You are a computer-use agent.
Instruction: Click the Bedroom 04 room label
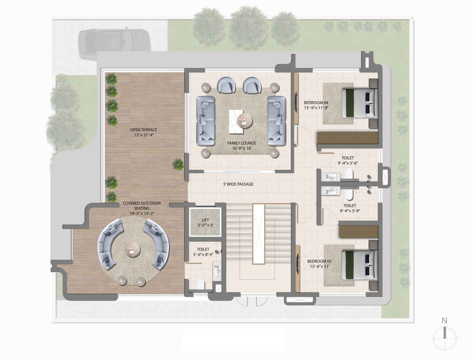tap(316, 103)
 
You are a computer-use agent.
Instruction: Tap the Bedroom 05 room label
tap(319, 261)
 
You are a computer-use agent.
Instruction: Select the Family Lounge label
tap(241, 143)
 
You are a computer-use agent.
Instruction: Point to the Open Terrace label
tap(144, 130)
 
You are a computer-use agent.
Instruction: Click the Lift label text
tap(206, 220)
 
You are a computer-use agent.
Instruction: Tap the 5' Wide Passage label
tap(238, 184)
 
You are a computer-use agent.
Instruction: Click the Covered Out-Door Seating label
tap(142, 206)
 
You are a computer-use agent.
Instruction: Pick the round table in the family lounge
tap(244, 121)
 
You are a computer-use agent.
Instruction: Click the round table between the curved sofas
tap(133, 250)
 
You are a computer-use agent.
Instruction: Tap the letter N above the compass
tap(444, 321)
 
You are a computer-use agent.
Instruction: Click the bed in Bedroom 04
tap(360, 103)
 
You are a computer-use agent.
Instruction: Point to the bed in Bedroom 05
tap(360, 265)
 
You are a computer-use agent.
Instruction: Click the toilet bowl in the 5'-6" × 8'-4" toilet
tap(201, 284)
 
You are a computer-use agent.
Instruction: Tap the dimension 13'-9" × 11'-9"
tap(316, 108)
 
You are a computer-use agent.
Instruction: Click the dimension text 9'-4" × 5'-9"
tap(350, 211)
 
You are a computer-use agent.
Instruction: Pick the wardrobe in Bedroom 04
tap(347, 138)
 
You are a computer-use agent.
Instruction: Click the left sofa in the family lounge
tap(206, 121)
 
